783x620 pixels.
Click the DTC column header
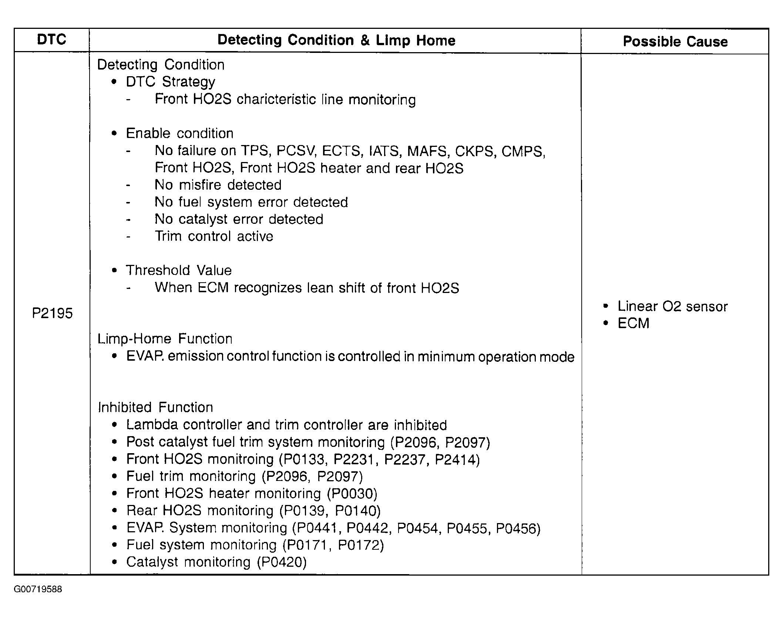coord(51,40)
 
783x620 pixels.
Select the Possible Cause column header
coord(675,41)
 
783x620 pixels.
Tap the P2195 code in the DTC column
coord(52,313)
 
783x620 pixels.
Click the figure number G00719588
coord(38,589)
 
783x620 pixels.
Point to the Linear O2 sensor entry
coord(672,306)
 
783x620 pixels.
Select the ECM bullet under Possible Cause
coord(633,323)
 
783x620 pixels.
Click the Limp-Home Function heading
coord(165,338)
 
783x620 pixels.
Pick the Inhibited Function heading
coord(155,407)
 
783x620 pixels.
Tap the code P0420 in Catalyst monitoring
coord(282,562)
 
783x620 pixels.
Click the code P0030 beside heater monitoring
coord(352,493)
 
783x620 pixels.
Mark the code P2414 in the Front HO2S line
coord(455,459)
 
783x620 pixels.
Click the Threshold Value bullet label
coord(179,270)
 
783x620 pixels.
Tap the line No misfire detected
coord(218,185)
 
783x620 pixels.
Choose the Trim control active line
coord(214,236)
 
